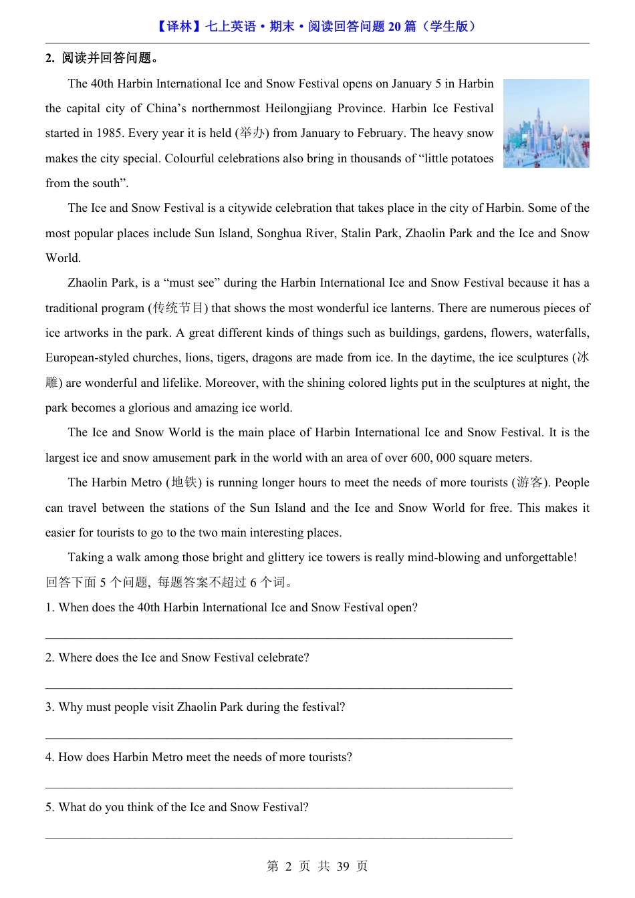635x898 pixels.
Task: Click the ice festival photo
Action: pos(546,123)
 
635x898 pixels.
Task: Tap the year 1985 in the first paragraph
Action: pos(109,133)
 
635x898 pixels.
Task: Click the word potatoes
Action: pos(469,158)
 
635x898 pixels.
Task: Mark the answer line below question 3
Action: pos(279,738)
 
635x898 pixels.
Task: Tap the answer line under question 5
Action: pos(279,837)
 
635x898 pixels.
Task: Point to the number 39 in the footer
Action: pos(343,867)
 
